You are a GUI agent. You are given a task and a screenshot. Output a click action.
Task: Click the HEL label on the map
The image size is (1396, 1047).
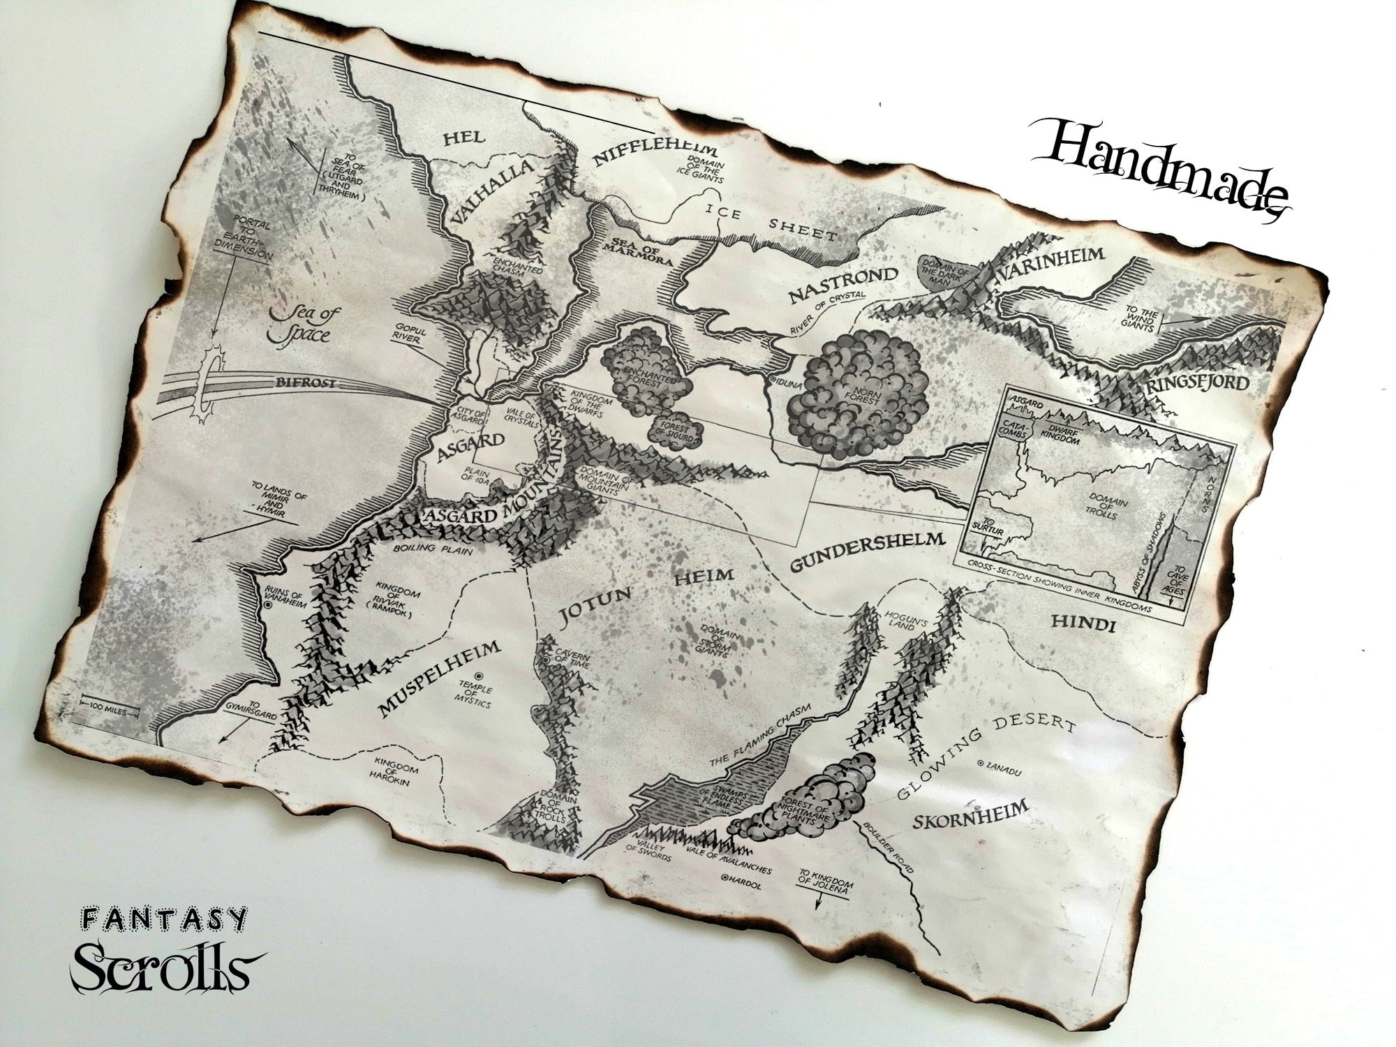click(463, 138)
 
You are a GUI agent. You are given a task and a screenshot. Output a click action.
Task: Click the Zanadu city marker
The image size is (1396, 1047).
click(983, 764)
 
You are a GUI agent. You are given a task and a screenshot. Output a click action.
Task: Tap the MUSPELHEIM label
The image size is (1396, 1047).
click(440, 679)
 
